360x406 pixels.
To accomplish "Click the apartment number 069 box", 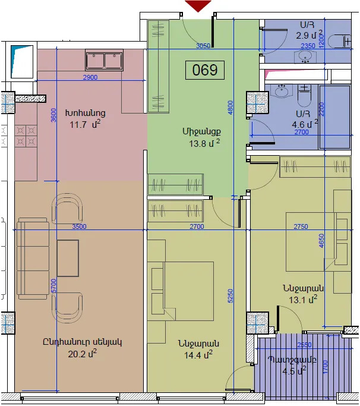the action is pyautogui.click(x=205, y=70).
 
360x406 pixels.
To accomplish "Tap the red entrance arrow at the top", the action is pyautogui.click(x=198, y=6).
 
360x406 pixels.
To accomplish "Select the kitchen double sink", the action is pyautogui.click(x=104, y=60).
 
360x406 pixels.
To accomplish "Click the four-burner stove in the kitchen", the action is pyautogui.click(x=26, y=136).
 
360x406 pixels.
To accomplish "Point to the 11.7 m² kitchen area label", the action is pyautogui.click(x=84, y=124).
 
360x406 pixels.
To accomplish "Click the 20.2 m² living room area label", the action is pyautogui.click(x=83, y=354).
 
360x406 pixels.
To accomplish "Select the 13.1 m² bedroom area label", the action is pyautogui.click(x=303, y=300).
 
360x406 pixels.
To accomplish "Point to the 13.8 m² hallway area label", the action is pyautogui.click(x=204, y=143).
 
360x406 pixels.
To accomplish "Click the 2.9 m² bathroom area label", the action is pyautogui.click(x=310, y=35).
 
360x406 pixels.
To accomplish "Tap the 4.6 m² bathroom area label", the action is pyautogui.click(x=305, y=124).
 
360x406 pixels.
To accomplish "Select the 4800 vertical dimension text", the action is pyautogui.click(x=230, y=107).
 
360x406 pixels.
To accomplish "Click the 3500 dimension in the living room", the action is pyautogui.click(x=79, y=226).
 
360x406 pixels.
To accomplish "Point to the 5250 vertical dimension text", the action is pyautogui.click(x=230, y=295).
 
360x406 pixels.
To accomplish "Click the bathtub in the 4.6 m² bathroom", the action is pyautogui.click(x=334, y=117).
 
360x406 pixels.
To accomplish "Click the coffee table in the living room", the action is pyautogui.click(x=68, y=258).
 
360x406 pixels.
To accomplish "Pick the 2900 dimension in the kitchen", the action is pyautogui.click(x=90, y=77).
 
